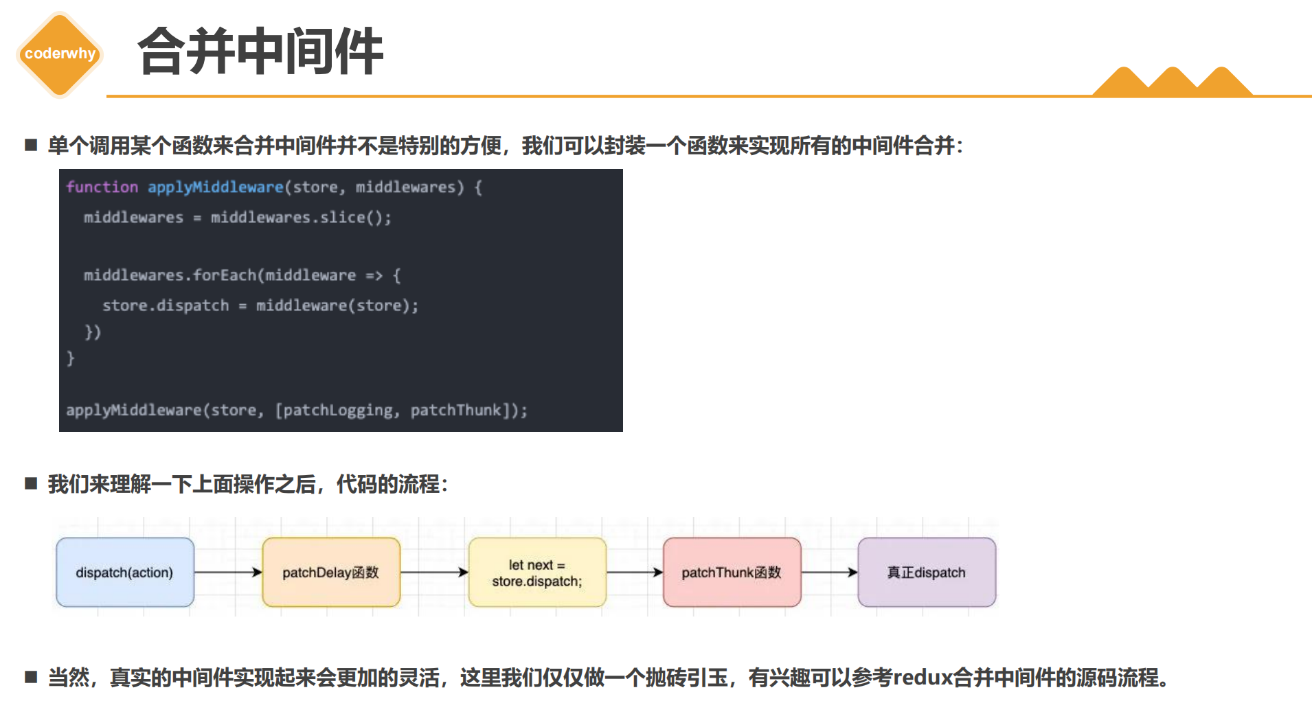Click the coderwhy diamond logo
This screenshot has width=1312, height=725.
click(x=60, y=54)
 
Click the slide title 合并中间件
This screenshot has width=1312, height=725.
click(x=260, y=51)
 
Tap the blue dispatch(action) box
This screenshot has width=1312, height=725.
click(x=125, y=572)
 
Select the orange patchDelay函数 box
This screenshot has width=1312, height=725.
click(x=331, y=572)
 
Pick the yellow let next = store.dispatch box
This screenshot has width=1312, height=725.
click(x=537, y=572)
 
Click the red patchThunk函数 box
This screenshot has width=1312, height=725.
click(x=732, y=572)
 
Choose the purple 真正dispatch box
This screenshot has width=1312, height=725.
click(x=927, y=572)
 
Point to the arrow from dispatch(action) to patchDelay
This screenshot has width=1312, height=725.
click(x=228, y=572)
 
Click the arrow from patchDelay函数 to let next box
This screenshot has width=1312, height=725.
click(x=434, y=572)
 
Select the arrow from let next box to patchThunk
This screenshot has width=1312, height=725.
click(x=635, y=572)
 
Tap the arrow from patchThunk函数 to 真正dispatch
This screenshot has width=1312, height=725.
click(x=829, y=572)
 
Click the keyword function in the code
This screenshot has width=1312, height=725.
click(x=102, y=187)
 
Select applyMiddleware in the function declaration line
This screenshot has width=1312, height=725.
click(x=216, y=187)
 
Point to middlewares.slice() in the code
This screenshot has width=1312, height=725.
click(x=301, y=218)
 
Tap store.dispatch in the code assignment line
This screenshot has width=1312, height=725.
click(x=166, y=306)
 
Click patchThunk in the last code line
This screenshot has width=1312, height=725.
click(x=456, y=411)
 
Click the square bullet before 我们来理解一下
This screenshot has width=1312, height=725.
click(x=31, y=483)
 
